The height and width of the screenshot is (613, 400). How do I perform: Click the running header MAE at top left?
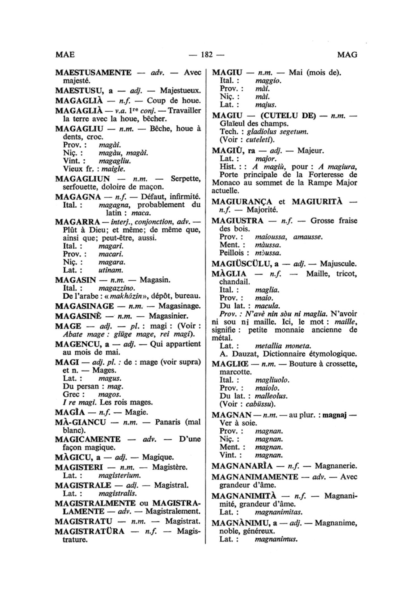point(64,55)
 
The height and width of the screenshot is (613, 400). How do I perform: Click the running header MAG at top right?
point(347,55)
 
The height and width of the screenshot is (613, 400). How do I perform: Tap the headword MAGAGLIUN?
point(82,179)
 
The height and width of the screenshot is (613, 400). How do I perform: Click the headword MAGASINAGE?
point(84,306)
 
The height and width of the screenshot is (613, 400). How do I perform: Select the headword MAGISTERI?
point(79,467)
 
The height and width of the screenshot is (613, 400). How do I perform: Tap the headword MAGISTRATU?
point(84,521)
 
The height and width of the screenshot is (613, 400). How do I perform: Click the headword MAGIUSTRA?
point(237,221)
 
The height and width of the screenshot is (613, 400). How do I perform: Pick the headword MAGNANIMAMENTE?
point(255,477)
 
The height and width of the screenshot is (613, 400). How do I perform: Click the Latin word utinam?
point(111,270)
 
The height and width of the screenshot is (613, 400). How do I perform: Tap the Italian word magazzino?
point(114,288)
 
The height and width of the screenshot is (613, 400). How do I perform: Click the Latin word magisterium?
point(120,475)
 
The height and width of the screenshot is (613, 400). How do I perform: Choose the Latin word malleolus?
point(271,396)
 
